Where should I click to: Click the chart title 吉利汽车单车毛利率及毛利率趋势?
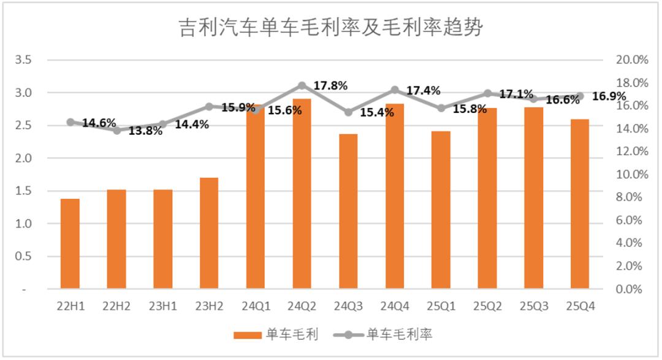[330, 28]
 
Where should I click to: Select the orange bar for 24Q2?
[302, 193]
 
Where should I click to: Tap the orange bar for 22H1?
[70, 243]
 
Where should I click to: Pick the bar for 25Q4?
[579, 204]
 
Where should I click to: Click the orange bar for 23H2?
[209, 233]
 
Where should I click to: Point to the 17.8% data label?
[330, 85]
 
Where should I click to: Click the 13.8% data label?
[145, 131]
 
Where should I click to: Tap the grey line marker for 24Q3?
[348, 112]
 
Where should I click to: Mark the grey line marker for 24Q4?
[395, 90]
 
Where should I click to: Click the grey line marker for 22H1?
[70, 122]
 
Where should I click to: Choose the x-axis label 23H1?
[162, 305]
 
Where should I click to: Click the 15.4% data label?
[376, 113]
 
